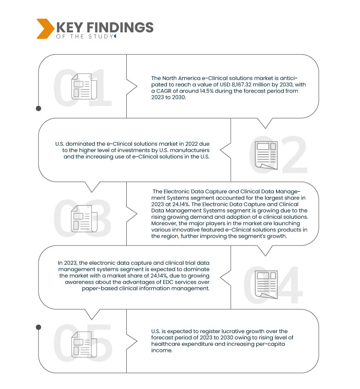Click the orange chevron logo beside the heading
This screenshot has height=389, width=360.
(x=45, y=29)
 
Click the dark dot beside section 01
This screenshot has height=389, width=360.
(x=39, y=109)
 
